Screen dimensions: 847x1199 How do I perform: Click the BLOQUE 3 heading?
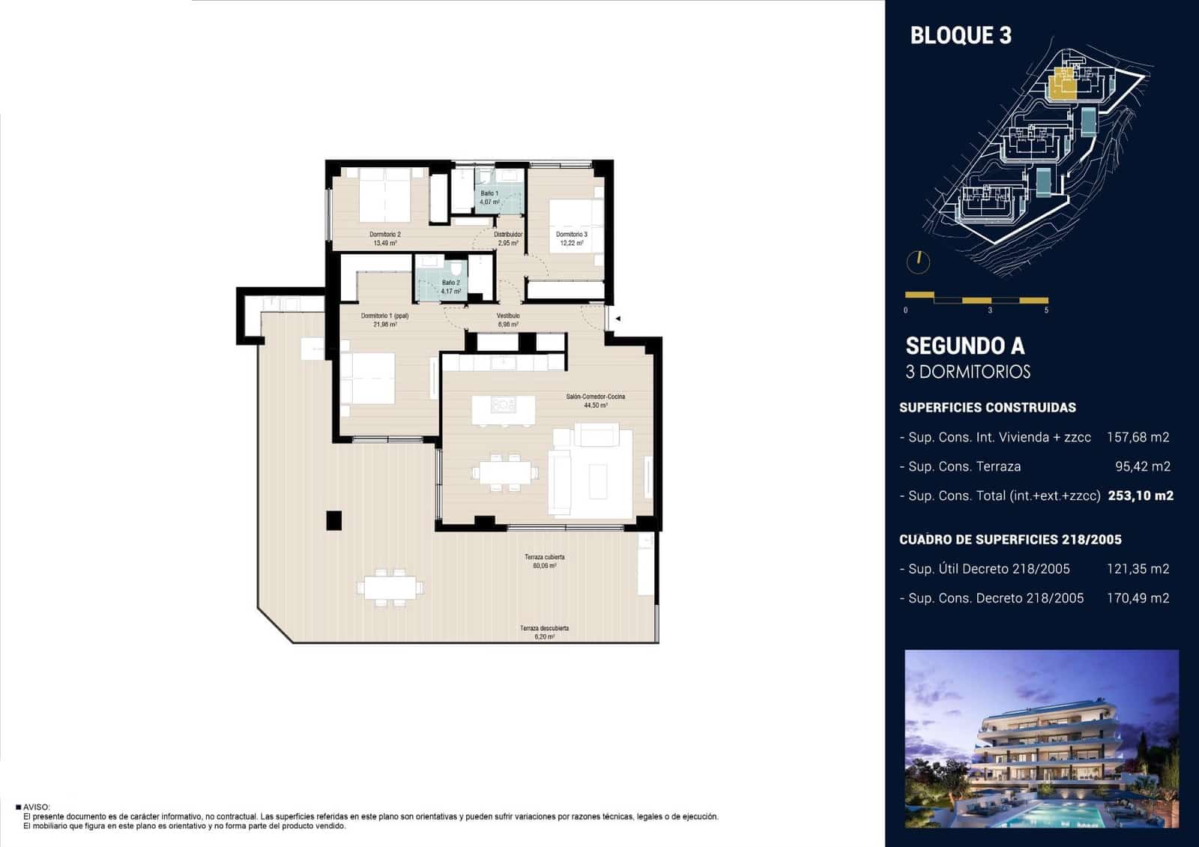pyautogui.click(x=960, y=35)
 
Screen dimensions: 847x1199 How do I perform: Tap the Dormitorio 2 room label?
pyautogui.click(x=384, y=238)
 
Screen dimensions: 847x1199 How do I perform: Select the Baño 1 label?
pyautogui.click(x=489, y=197)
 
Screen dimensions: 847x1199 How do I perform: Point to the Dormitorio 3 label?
pyautogui.click(x=571, y=238)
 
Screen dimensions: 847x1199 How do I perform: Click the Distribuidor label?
pyautogui.click(x=508, y=238)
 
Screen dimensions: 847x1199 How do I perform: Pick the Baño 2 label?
pyautogui.click(x=450, y=286)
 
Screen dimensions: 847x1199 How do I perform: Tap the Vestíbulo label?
pyautogui.click(x=508, y=320)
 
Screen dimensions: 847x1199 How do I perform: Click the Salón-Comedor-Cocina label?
pyautogui.click(x=595, y=400)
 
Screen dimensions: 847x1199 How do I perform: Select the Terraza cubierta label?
pyautogui.click(x=544, y=561)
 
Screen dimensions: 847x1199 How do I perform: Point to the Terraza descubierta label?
pyautogui.click(x=544, y=632)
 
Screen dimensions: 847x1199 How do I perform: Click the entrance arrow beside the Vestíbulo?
pyautogui.click(x=618, y=319)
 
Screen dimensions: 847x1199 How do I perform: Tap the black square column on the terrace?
pyautogui.click(x=333, y=520)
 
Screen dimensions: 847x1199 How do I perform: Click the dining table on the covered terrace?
pyautogui.click(x=390, y=587)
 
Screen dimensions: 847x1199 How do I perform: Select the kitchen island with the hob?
pyautogui.click(x=504, y=409)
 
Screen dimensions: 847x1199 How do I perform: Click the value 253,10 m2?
pyautogui.click(x=1140, y=495)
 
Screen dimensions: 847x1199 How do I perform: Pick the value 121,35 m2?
pyautogui.click(x=1138, y=569)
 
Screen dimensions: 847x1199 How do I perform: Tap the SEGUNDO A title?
pyautogui.click(x=964, y=346)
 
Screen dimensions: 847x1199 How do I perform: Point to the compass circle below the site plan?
pyautogui.click(x=918, y=262)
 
